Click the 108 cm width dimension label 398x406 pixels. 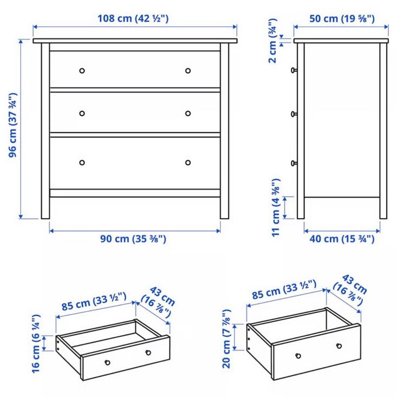[133, 18]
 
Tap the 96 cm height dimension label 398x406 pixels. [12, 125]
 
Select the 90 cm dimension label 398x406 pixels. [133, 239]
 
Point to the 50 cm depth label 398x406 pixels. [342, 18]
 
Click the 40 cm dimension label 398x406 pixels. [342, 239]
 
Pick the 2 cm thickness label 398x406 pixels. [273, 41]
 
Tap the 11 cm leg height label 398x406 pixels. [276, 207]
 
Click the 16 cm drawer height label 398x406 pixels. [36, 344]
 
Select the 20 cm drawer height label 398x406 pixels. [226, 339]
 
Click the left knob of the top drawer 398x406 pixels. [82, 71]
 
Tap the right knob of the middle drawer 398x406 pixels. [188, 114]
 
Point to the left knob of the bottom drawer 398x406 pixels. [82, 162]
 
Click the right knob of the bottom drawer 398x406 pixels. [188, 162]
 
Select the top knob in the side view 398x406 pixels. [294, 70]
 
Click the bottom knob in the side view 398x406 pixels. [294, 163]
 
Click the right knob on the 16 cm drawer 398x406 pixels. [148, 352]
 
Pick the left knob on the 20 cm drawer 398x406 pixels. [298, 356]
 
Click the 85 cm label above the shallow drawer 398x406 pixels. [94, 302]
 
